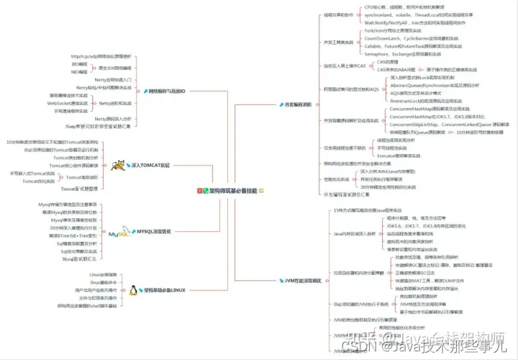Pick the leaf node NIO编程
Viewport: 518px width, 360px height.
tap(79, 72)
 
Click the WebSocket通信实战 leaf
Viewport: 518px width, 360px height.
tap(68, 103)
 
